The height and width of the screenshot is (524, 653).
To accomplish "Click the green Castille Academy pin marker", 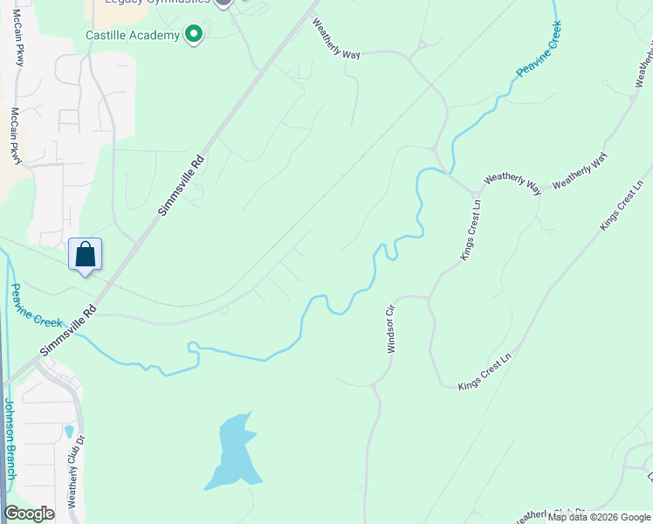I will (194, 35).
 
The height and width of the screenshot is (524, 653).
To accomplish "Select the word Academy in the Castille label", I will (155, 36).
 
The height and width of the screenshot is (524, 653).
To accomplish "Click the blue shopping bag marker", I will (86, 255).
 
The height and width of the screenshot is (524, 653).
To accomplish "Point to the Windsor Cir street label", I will (391, 328).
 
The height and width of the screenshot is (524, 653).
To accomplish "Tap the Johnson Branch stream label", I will (9, 438).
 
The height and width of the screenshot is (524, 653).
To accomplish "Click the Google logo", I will (30, 514).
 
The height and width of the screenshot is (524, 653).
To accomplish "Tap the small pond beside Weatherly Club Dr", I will (69, 431).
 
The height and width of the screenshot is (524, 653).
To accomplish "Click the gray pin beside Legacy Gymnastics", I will (223, 2).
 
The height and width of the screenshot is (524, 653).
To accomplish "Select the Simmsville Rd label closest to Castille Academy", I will (182, 184).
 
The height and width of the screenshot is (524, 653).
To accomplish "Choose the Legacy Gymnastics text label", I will (157, 2).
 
